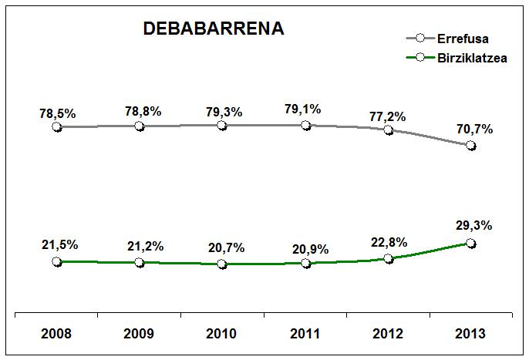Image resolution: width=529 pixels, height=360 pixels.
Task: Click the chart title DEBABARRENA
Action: pos(214,29)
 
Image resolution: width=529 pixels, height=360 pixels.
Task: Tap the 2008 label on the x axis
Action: pos(57,335)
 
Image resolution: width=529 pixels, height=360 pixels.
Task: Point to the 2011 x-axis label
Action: pos(306,335)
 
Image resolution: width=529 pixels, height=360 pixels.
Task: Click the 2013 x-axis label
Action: pos(471,335)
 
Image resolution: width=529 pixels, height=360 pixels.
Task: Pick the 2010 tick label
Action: pos(223,335)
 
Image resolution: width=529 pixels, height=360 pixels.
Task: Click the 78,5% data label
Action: pos(58,113)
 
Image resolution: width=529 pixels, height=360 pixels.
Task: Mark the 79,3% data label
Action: pos(224,112)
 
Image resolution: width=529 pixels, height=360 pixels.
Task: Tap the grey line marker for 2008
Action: pos(57,126)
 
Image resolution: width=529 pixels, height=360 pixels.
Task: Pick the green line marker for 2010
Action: pos(223,264)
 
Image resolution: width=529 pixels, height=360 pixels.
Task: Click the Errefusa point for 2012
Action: pos(389,130)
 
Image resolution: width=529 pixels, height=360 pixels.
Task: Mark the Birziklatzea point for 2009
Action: pos(140,262)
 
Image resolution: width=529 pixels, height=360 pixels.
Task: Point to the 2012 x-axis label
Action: pos(389,335)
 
